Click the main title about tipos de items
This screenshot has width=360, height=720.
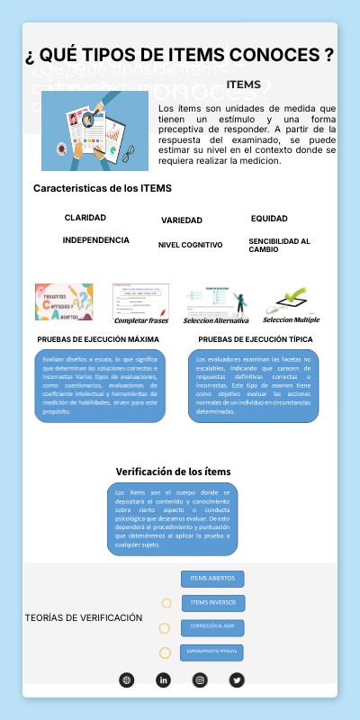coord(180,56)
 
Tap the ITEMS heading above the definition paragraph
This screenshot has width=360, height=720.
coord(244,85)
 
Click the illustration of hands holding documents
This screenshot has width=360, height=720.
coord(94,131)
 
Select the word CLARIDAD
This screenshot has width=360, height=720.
coord(85,218)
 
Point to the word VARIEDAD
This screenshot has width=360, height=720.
coord(182,220)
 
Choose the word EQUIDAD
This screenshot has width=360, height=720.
coord(269,219)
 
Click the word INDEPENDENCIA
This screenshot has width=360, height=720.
coord(95,240)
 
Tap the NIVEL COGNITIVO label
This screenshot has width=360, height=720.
coord(190,245)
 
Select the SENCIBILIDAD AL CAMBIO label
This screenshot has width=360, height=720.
coord(279,245)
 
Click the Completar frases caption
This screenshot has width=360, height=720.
coord(141,320)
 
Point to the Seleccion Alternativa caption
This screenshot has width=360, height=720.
coord(216,320)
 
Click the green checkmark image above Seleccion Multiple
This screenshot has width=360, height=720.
coord(292,299)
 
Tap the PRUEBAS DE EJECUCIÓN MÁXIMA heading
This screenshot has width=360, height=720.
coord(99,339)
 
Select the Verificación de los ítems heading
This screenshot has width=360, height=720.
coord(174,472)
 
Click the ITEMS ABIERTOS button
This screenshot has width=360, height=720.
coord(213,578)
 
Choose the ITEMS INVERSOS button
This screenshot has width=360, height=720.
coord(213,602)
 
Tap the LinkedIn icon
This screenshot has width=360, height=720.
coord(163,679)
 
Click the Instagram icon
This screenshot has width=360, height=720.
coord(200,679)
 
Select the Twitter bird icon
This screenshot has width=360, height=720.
coord(237,679)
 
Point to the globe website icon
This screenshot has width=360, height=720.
coord(126,679)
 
